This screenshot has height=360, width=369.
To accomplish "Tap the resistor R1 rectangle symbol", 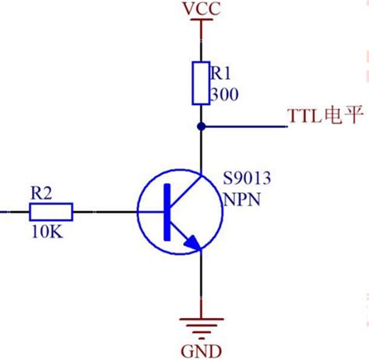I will [201, 81].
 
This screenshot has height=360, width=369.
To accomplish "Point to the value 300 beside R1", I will [223, 94].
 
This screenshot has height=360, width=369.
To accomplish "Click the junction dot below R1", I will [201, 125].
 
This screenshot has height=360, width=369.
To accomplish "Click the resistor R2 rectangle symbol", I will [51, 210].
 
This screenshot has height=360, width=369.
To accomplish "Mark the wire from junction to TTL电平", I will [241, 125].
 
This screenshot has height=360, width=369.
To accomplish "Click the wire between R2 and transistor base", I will [105, 210].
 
